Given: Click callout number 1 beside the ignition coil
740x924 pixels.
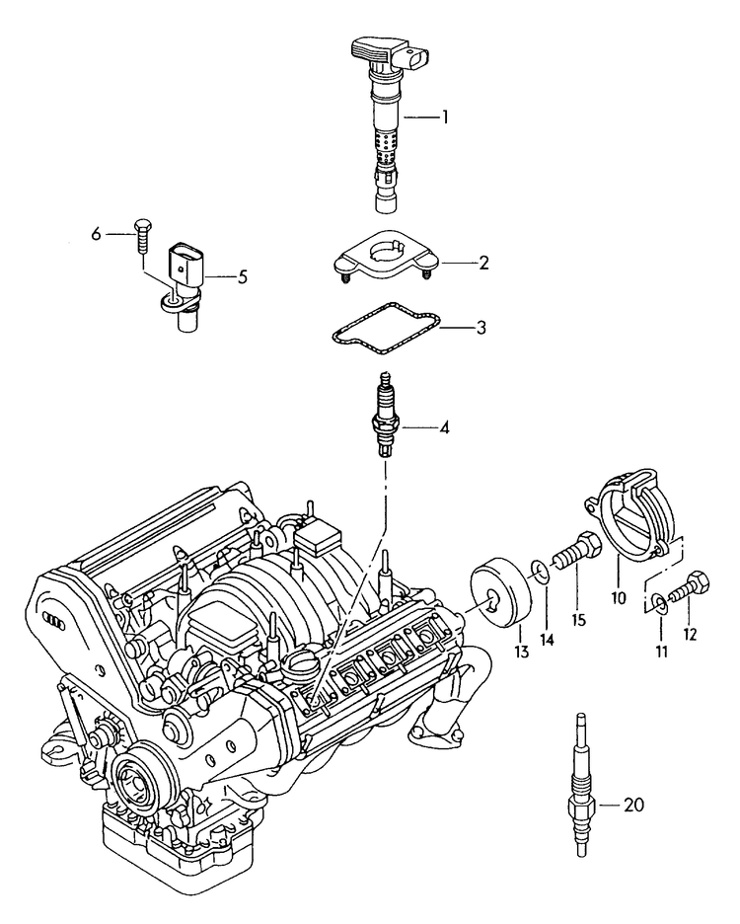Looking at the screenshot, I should pos(444,117).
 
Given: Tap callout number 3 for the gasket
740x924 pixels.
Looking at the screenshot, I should pos(481,327).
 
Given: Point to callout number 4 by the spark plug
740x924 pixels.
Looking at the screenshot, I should pos(444,428).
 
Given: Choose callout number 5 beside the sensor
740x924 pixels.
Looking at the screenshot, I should pos(241,276).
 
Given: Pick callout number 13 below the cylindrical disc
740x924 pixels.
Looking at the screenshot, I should pos(521,652).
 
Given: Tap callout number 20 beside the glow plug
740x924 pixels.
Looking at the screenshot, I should pos(633,806).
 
